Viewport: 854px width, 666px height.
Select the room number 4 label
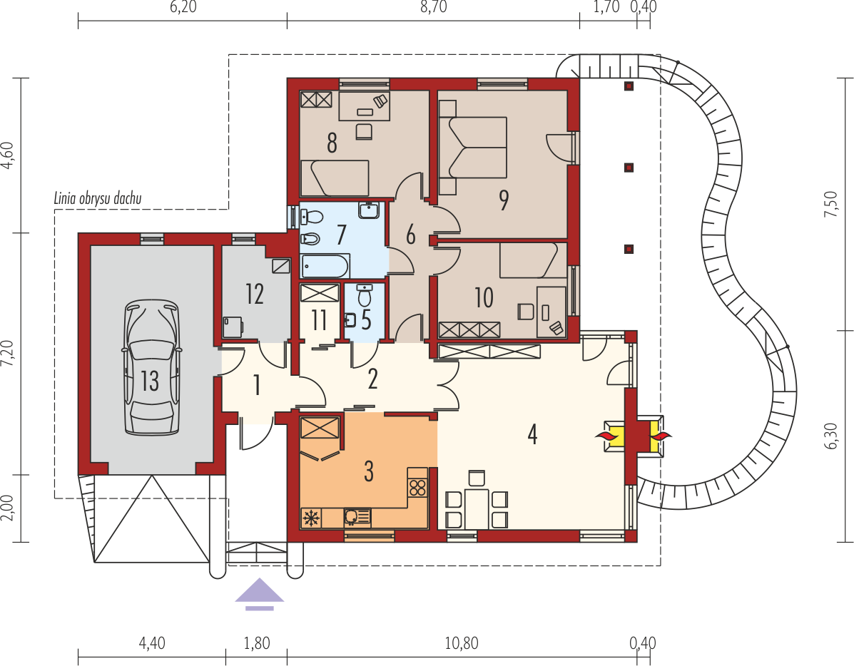click(532, 434)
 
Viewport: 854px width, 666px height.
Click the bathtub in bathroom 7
click(325, 266)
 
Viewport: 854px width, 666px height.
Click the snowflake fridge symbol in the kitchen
click(311, 518)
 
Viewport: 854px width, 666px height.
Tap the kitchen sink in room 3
click(357, 518)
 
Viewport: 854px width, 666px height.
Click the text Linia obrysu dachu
click(98, 198)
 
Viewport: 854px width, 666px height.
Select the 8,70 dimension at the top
click(434, 7)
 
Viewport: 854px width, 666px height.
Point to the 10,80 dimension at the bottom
click(462, 643)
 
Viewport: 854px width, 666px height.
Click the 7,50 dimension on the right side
click(830, 204)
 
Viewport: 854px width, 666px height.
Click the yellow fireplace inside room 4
click(614, 436)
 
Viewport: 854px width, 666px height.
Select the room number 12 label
click(255, 294)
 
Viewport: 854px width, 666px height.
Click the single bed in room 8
click(335, 178)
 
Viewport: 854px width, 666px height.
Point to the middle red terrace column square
click(629, 168)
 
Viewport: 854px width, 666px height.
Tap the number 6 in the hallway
click(411, 235)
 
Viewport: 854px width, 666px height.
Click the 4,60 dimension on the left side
click(7, 155)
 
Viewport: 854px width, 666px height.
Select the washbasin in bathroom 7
click(370, 210)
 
